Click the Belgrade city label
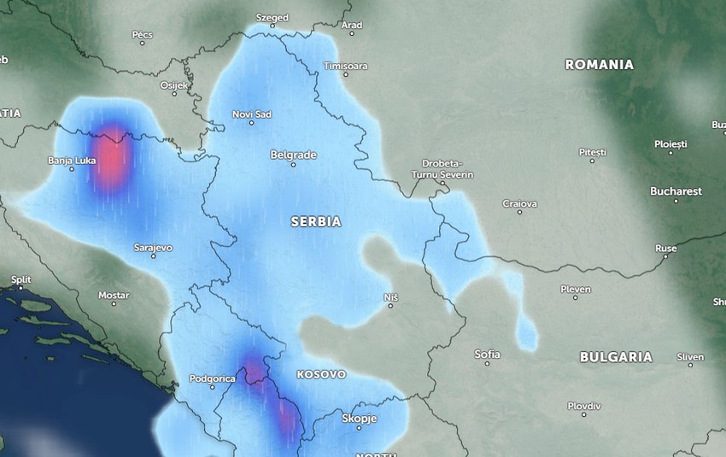[x=293, y=155]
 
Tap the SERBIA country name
[x=316, y=221]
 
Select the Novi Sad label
[x=252, y=114]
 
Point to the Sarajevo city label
[x=153, y=248]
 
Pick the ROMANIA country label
[x=599, y=65]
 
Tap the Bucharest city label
[x=675, y=191]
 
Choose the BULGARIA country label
[x=616, y=357]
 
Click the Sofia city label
[x=487, y=354]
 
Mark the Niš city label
[x=391, y=296]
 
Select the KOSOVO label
[x=321, y=374]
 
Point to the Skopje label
[x=359, y=419]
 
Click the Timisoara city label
[x=345, y=66]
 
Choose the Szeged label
[x=272, y=17]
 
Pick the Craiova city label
[x=519, y=203]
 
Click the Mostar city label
[x=114, y=296]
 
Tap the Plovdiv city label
[x=583, y=406]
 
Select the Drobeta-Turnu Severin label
[x=446, y=168]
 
